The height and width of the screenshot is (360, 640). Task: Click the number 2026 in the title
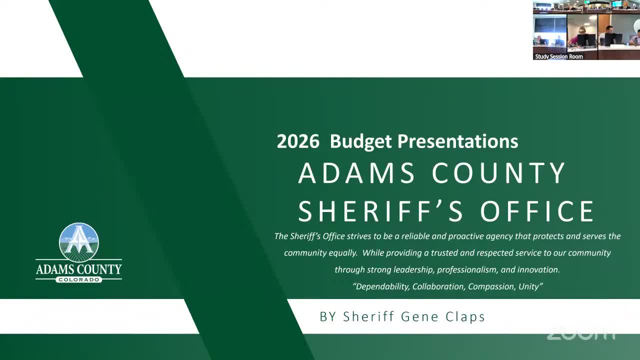click(298, 141)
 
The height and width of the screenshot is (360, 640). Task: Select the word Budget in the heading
click(361, 142)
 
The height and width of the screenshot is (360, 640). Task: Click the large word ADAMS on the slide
click(356, 173)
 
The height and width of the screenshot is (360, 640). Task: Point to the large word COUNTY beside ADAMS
click(498, 173)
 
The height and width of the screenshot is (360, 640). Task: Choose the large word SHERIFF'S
click(380, 211)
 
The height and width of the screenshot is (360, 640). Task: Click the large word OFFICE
click(537, 211)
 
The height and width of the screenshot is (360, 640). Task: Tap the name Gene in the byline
click(419, 316)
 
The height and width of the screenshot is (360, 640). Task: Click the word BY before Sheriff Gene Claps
click(328, 317)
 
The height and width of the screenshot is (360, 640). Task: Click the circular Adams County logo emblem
click(79, 242)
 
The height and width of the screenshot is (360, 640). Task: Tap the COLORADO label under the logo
click(79, 279)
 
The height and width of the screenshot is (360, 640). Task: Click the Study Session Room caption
click(559, 56)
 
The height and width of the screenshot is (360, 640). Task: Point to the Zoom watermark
click(580, 333)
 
